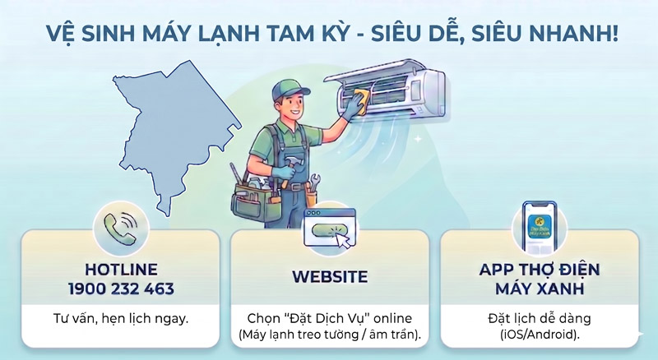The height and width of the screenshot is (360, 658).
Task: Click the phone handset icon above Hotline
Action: tap(121, 224)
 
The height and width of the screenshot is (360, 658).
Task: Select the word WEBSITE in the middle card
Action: tap(329, 277)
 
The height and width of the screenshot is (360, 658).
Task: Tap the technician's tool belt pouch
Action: tap(254, 193)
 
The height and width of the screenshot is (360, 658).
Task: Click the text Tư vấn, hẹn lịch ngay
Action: tap(121, 316)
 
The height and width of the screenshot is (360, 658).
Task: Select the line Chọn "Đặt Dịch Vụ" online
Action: tap(329, 318)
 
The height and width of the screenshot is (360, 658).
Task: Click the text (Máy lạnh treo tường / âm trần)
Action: tap(329, 335)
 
